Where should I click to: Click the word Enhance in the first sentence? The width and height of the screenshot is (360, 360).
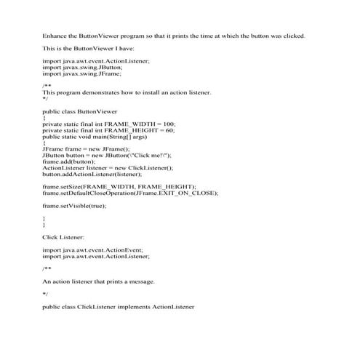tap(55, 36)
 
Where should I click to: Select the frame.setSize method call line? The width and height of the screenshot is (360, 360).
tap(119, 187)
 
